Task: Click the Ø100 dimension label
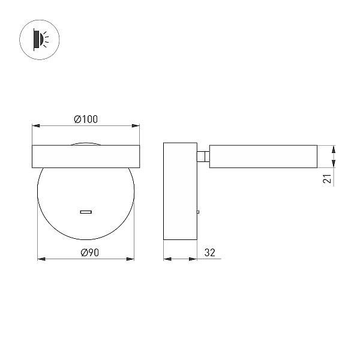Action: [x=86, y=119]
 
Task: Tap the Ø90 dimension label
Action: [x=90, y=253]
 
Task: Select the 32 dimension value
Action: [x=209, y=253]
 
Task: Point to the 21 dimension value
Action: [x=327, y=179]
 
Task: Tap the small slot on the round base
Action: [x=86, y=212]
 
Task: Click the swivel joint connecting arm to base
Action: [x=203, y=157]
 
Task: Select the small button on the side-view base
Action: [x=198, y=212]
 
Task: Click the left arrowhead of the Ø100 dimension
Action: [x=36, y=125]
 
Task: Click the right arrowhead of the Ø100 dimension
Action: [x=136, y=125]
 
